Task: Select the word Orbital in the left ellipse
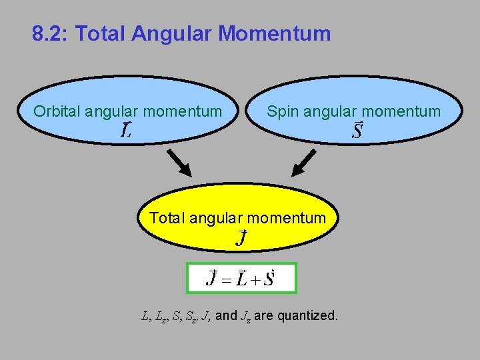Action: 57,111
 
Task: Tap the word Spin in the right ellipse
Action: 283,111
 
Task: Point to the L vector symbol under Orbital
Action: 125,129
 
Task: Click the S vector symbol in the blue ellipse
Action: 357,129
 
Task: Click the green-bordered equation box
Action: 241,278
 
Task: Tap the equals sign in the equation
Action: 227,279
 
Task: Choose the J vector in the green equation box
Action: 213,278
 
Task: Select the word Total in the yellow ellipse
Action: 167,217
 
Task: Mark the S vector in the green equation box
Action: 268,278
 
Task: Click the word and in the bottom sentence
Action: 226,315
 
